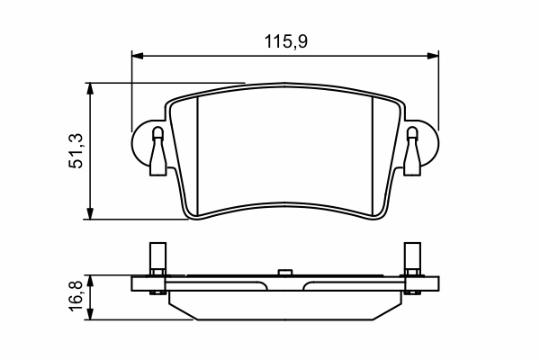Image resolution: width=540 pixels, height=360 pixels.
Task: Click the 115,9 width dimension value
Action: point(285,41)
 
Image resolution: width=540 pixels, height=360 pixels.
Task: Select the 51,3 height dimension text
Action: point(76,150)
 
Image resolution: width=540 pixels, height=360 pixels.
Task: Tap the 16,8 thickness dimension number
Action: point(76,296)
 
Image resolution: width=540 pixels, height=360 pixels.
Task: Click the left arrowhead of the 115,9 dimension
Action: point(138,56)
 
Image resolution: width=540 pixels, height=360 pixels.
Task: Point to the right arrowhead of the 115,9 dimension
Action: point(433,56)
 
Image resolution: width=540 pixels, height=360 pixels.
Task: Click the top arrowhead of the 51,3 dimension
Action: point(90,88)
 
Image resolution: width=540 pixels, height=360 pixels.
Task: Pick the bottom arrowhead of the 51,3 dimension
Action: point(90,213)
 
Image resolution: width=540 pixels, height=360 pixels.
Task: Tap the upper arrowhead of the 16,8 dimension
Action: point(90,281)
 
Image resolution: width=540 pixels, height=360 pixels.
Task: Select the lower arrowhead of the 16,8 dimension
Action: point(90,314)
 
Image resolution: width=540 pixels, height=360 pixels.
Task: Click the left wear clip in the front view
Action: point(158,151)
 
